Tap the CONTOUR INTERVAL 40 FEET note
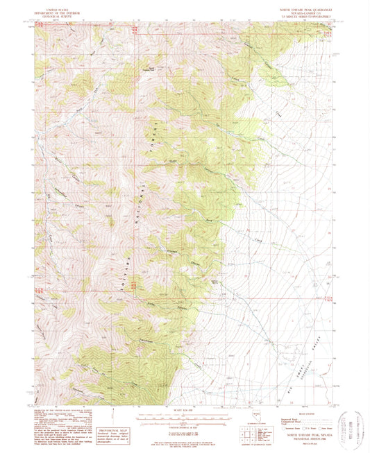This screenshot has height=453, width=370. coord(185,425)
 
